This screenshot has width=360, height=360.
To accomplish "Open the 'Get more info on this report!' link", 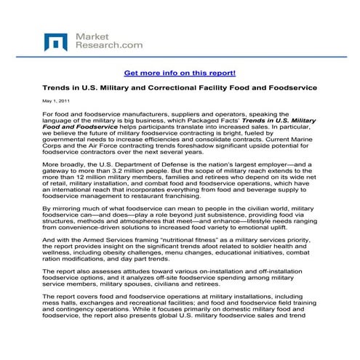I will (180, 73).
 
